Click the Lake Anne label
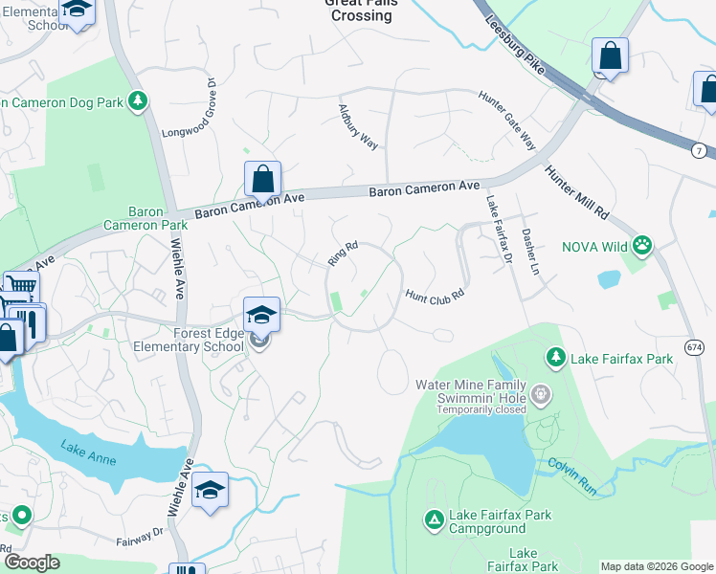pyautogui.click(x=88, y=453)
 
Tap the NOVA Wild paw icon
pyautogui.click(x=642, y=246)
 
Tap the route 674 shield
pyautogui.click(x=695, y=346)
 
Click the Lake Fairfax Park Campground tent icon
pyautogui.click(x=434, y=519)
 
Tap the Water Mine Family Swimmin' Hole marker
pyautogui.click(x=542, y=393)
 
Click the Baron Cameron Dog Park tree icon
pyautogui.click(x=139, y=99)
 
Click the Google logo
pyautogui.click(x=32, y=563)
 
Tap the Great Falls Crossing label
pyautogui.click(x=360, y=9)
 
